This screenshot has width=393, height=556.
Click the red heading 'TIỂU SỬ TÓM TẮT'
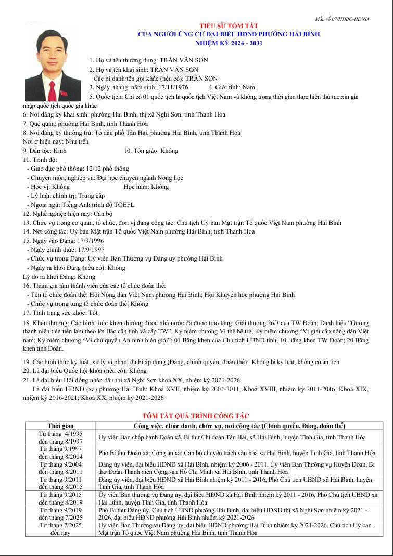click(x=229, y=26)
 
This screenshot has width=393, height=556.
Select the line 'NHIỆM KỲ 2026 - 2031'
click(x=229, y=43)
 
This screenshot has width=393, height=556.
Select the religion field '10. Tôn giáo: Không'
click(x=151, y=151)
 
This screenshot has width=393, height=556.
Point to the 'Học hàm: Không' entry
click(x=146, y=187)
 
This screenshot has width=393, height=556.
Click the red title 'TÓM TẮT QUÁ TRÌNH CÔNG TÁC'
click(x=196, y=416)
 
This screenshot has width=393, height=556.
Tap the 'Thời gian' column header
click(x=60, y=426)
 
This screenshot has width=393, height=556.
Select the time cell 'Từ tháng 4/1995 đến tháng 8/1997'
click(x=60, y=437)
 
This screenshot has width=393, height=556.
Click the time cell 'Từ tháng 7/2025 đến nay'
click(x=60, y=529)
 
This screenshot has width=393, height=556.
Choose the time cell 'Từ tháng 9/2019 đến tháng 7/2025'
click(x=60, y=514)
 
